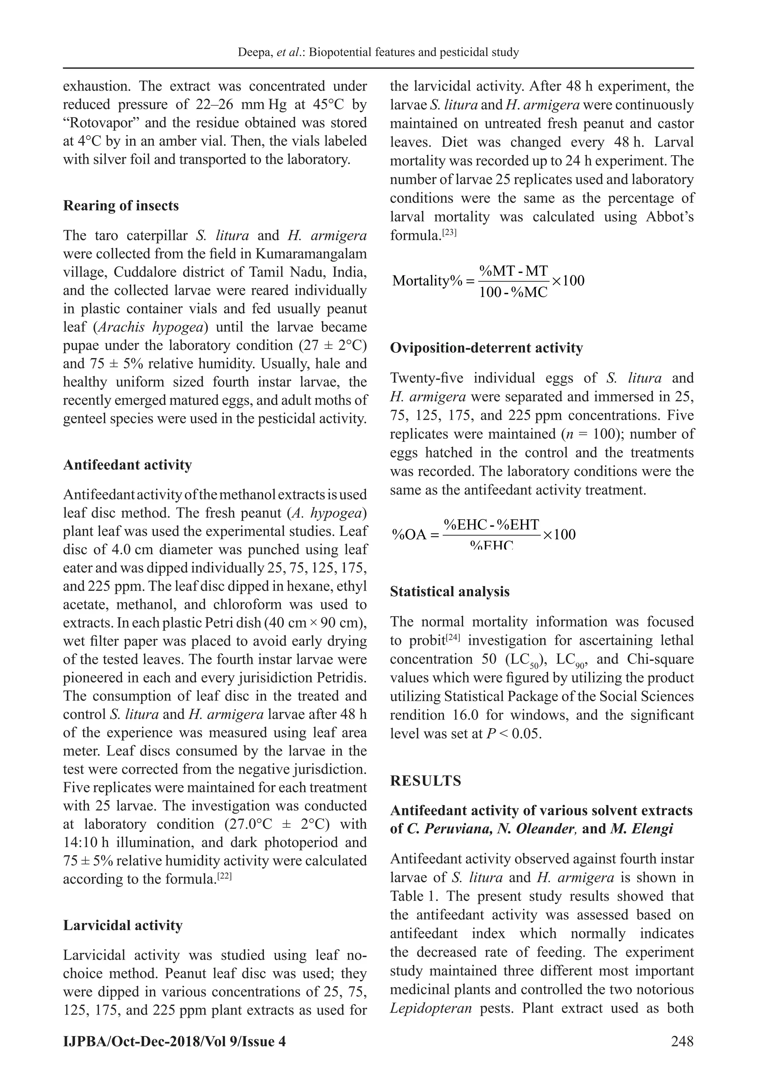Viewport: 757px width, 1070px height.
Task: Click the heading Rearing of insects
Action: pyautogui.click(x=121, y=205)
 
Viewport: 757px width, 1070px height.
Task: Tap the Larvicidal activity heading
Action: pyautogui.click(x=123, y=925)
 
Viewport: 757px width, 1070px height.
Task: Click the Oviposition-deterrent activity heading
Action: pyautogui.click(x=486, y=348)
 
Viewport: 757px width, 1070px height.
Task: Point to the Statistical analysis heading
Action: pyautogui.click(x=449, y=591)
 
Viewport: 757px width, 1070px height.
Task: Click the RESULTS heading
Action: pyautogui.click(x=425, y=781)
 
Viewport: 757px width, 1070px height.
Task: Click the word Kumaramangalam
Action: pyautogui.click(x=311, y=254)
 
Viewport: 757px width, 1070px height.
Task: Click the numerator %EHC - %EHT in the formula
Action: pyautogui.click(x=491, y=525)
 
